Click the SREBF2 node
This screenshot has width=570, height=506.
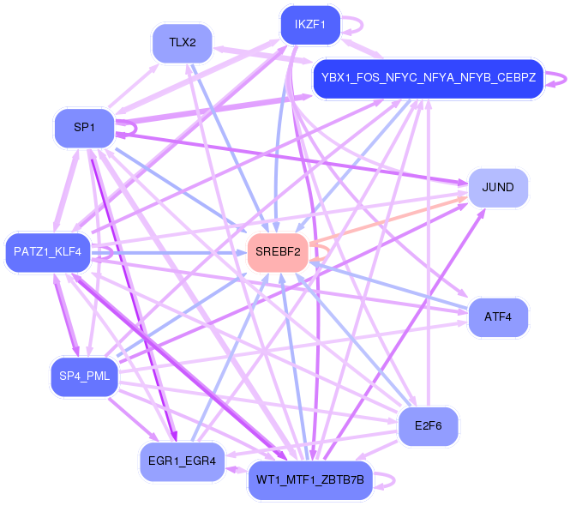(x=278, y=251)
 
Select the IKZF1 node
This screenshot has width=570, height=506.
(x=310, y=25)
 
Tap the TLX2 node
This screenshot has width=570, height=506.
(x=182, y=42)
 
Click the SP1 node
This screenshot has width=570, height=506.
(x=84, y=128)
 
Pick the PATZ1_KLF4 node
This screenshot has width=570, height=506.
(x=48, y=252)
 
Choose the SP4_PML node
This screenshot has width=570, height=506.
(x=84, y=376)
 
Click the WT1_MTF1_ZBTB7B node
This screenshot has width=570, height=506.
(x=310, y=479)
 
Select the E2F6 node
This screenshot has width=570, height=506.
(x=428, y=426)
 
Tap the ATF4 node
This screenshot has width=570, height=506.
(x=498, y=316)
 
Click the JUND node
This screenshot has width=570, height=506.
(x=498, y=187)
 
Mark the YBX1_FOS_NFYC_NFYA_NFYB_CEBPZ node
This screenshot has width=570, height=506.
(x=428, y=78)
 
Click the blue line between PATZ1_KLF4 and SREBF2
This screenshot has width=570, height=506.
(x=171, y=252)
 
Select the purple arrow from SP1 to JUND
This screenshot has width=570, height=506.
(x=291, y=158)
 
